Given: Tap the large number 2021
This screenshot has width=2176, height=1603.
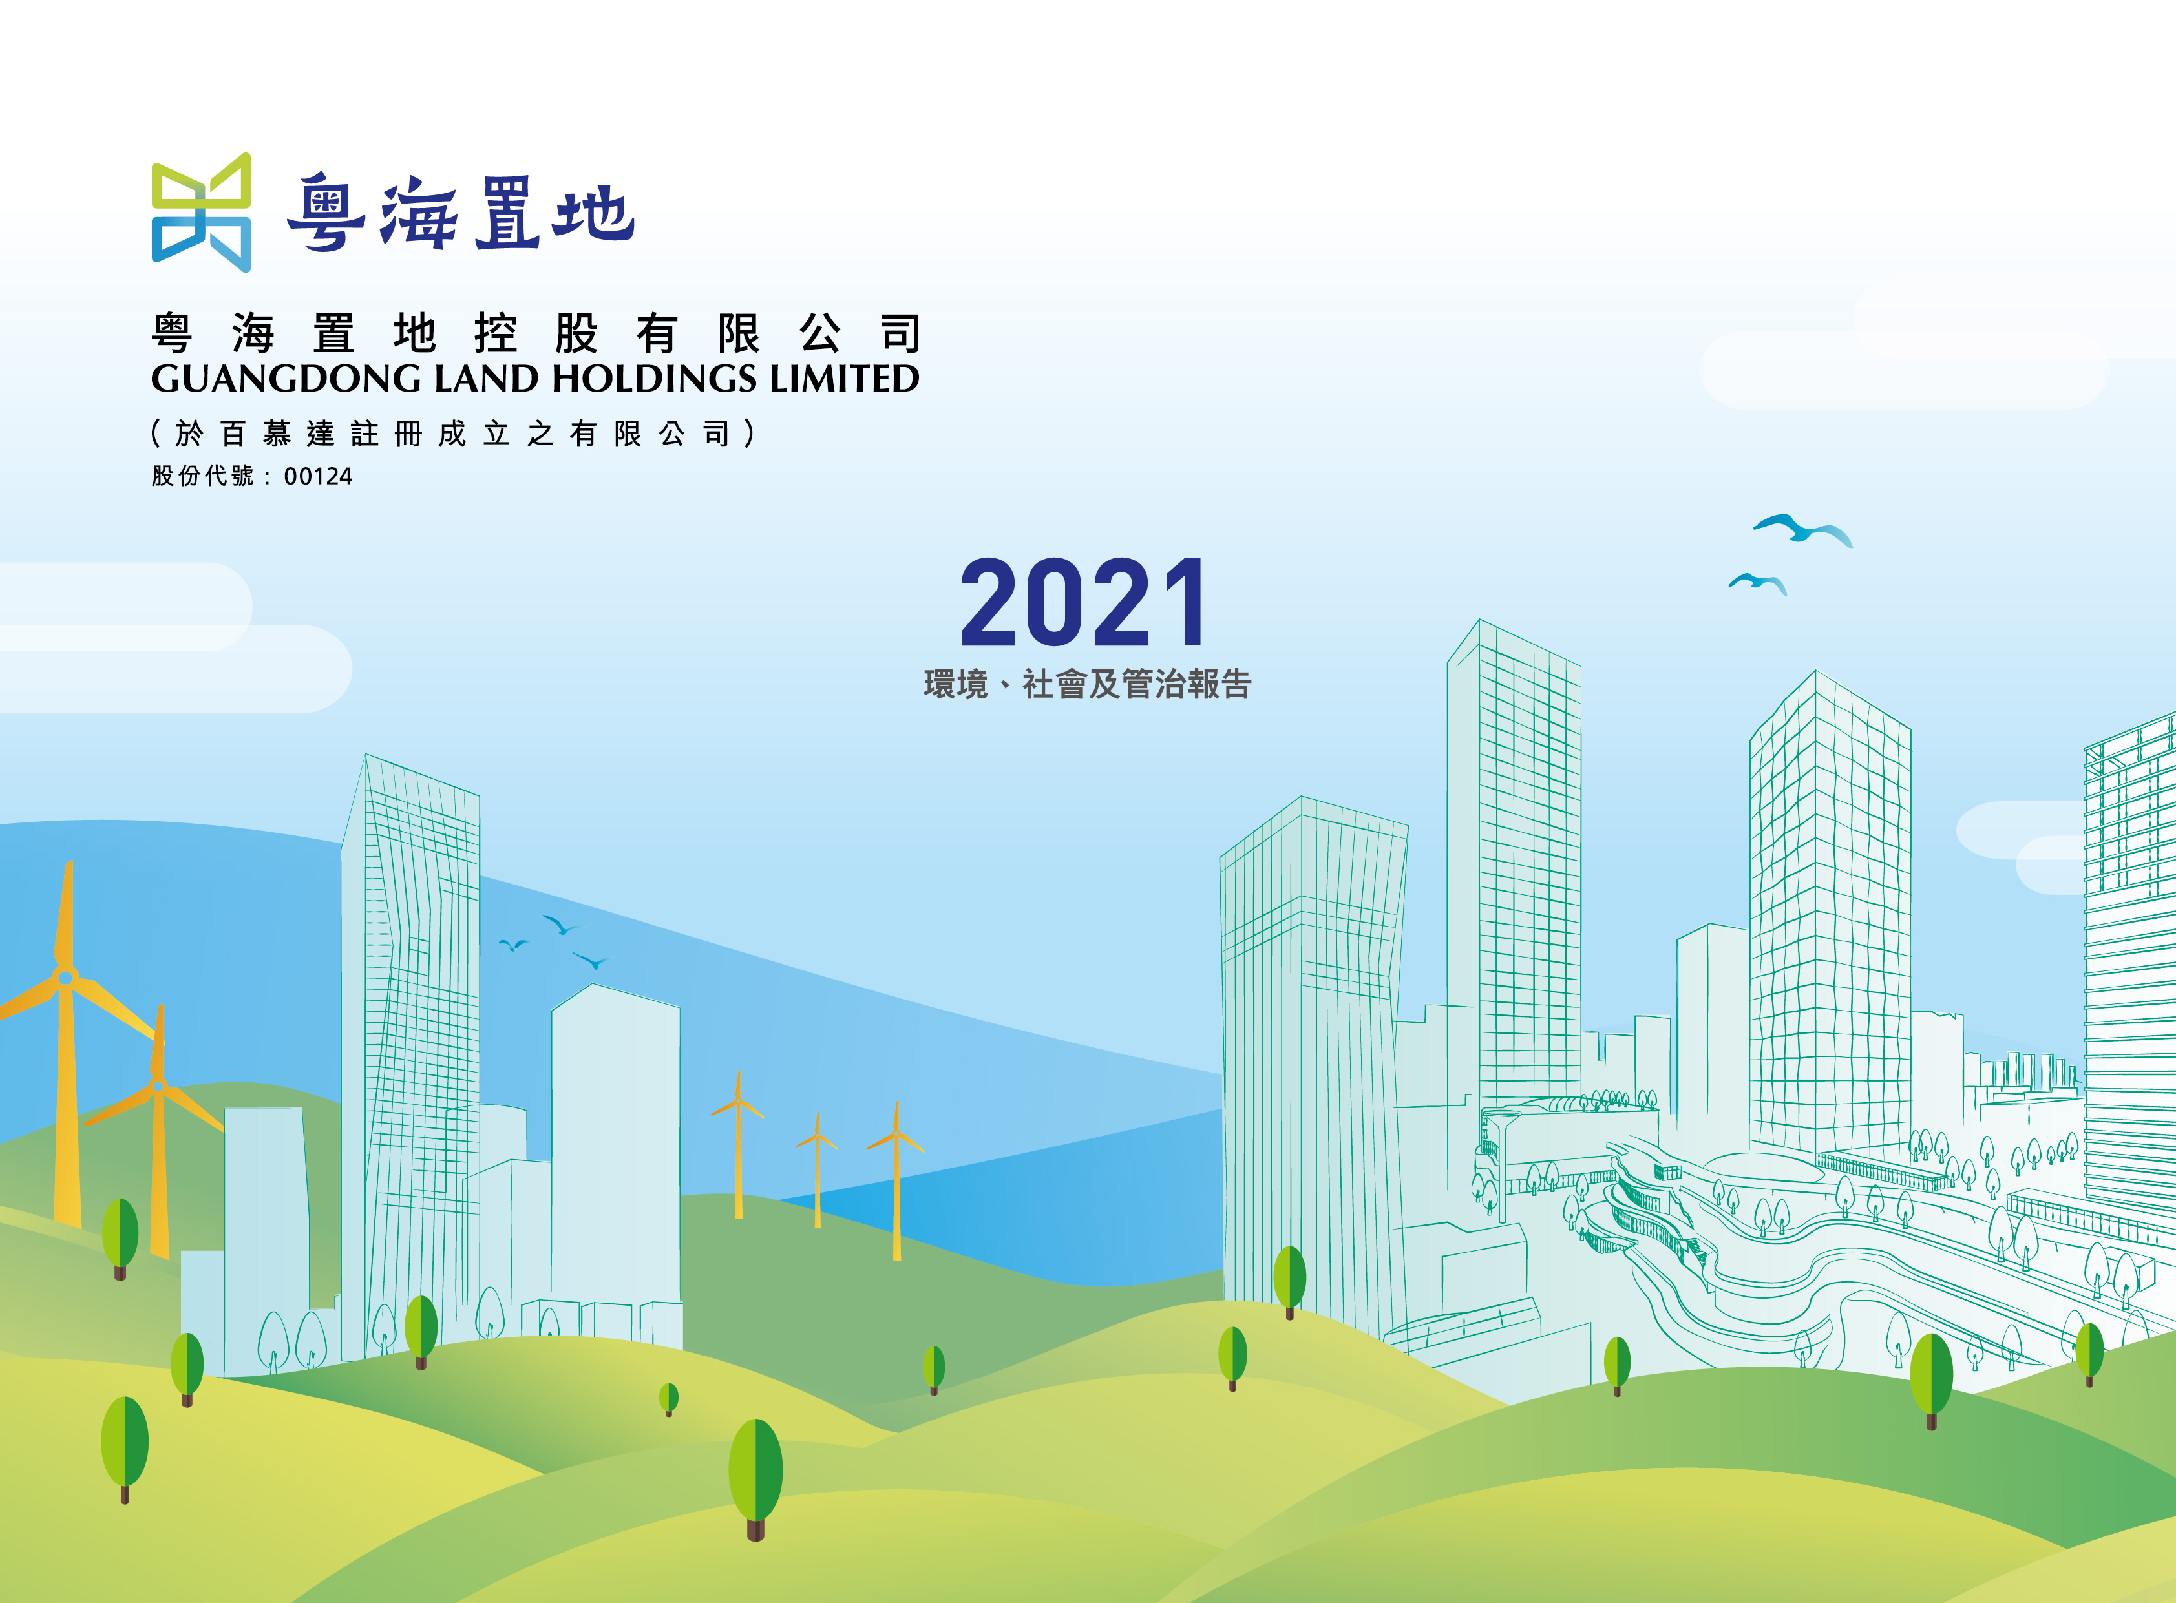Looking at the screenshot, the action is click(x=1083, y=603).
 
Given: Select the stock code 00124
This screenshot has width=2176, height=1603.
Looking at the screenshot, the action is click(x=319, y=476).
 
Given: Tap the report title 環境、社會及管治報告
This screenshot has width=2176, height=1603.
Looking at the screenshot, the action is click(x=1087, y=684).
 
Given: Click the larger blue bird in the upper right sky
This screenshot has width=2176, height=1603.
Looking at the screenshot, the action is click(x=1802, y=530).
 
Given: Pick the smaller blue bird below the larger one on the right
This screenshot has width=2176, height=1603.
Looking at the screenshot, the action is click(x=1758, y=583).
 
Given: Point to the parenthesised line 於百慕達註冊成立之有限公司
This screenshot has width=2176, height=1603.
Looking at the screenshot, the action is click(x=452, y=433).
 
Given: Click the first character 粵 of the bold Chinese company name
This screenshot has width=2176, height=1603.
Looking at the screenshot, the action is click(x=172, y=334).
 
